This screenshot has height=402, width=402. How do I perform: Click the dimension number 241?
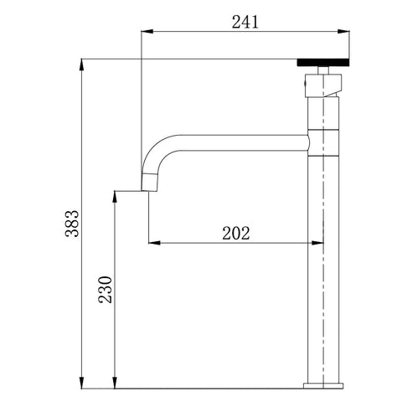[245, 23]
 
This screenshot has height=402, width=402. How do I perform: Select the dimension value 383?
[73, 224]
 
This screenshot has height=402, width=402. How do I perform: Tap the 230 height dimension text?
[106, 290]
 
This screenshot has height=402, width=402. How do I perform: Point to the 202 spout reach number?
[236, 234]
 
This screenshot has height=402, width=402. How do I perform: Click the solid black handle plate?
[323, 63]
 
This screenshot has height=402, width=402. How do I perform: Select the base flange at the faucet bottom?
[323, 386]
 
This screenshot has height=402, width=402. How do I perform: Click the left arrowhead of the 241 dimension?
[147, 31]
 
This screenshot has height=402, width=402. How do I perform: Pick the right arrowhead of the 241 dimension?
[343, 31]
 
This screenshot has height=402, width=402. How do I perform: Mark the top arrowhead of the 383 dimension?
[81, 65]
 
